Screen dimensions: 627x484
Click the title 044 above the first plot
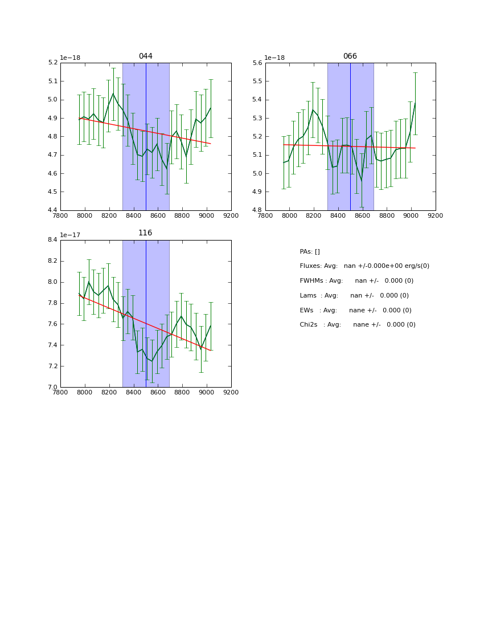(146, 56)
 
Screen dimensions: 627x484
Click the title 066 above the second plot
(350, 56)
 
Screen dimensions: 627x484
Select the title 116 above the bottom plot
(146, 233)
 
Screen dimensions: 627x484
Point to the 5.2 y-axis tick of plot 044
(52, 63)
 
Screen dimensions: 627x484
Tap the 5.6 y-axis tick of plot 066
(257, 63)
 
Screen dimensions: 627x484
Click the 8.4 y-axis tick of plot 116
(52, 240)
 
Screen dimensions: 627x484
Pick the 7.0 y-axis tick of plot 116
(52, 387)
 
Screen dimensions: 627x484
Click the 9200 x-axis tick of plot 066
(436, 216)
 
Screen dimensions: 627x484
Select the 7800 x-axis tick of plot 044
(60, 216)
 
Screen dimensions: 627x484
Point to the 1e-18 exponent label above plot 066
(276, 58)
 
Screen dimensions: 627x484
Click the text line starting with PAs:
(310, 252)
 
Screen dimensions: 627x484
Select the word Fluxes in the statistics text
(310, 266)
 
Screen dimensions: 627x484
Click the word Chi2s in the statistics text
(310, 325)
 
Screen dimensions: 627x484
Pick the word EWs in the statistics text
(307, 311)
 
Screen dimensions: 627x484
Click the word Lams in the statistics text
(309, 296)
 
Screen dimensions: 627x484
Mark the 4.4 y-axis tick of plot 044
(52, 210)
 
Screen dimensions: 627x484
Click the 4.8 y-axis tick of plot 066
(257, 210)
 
